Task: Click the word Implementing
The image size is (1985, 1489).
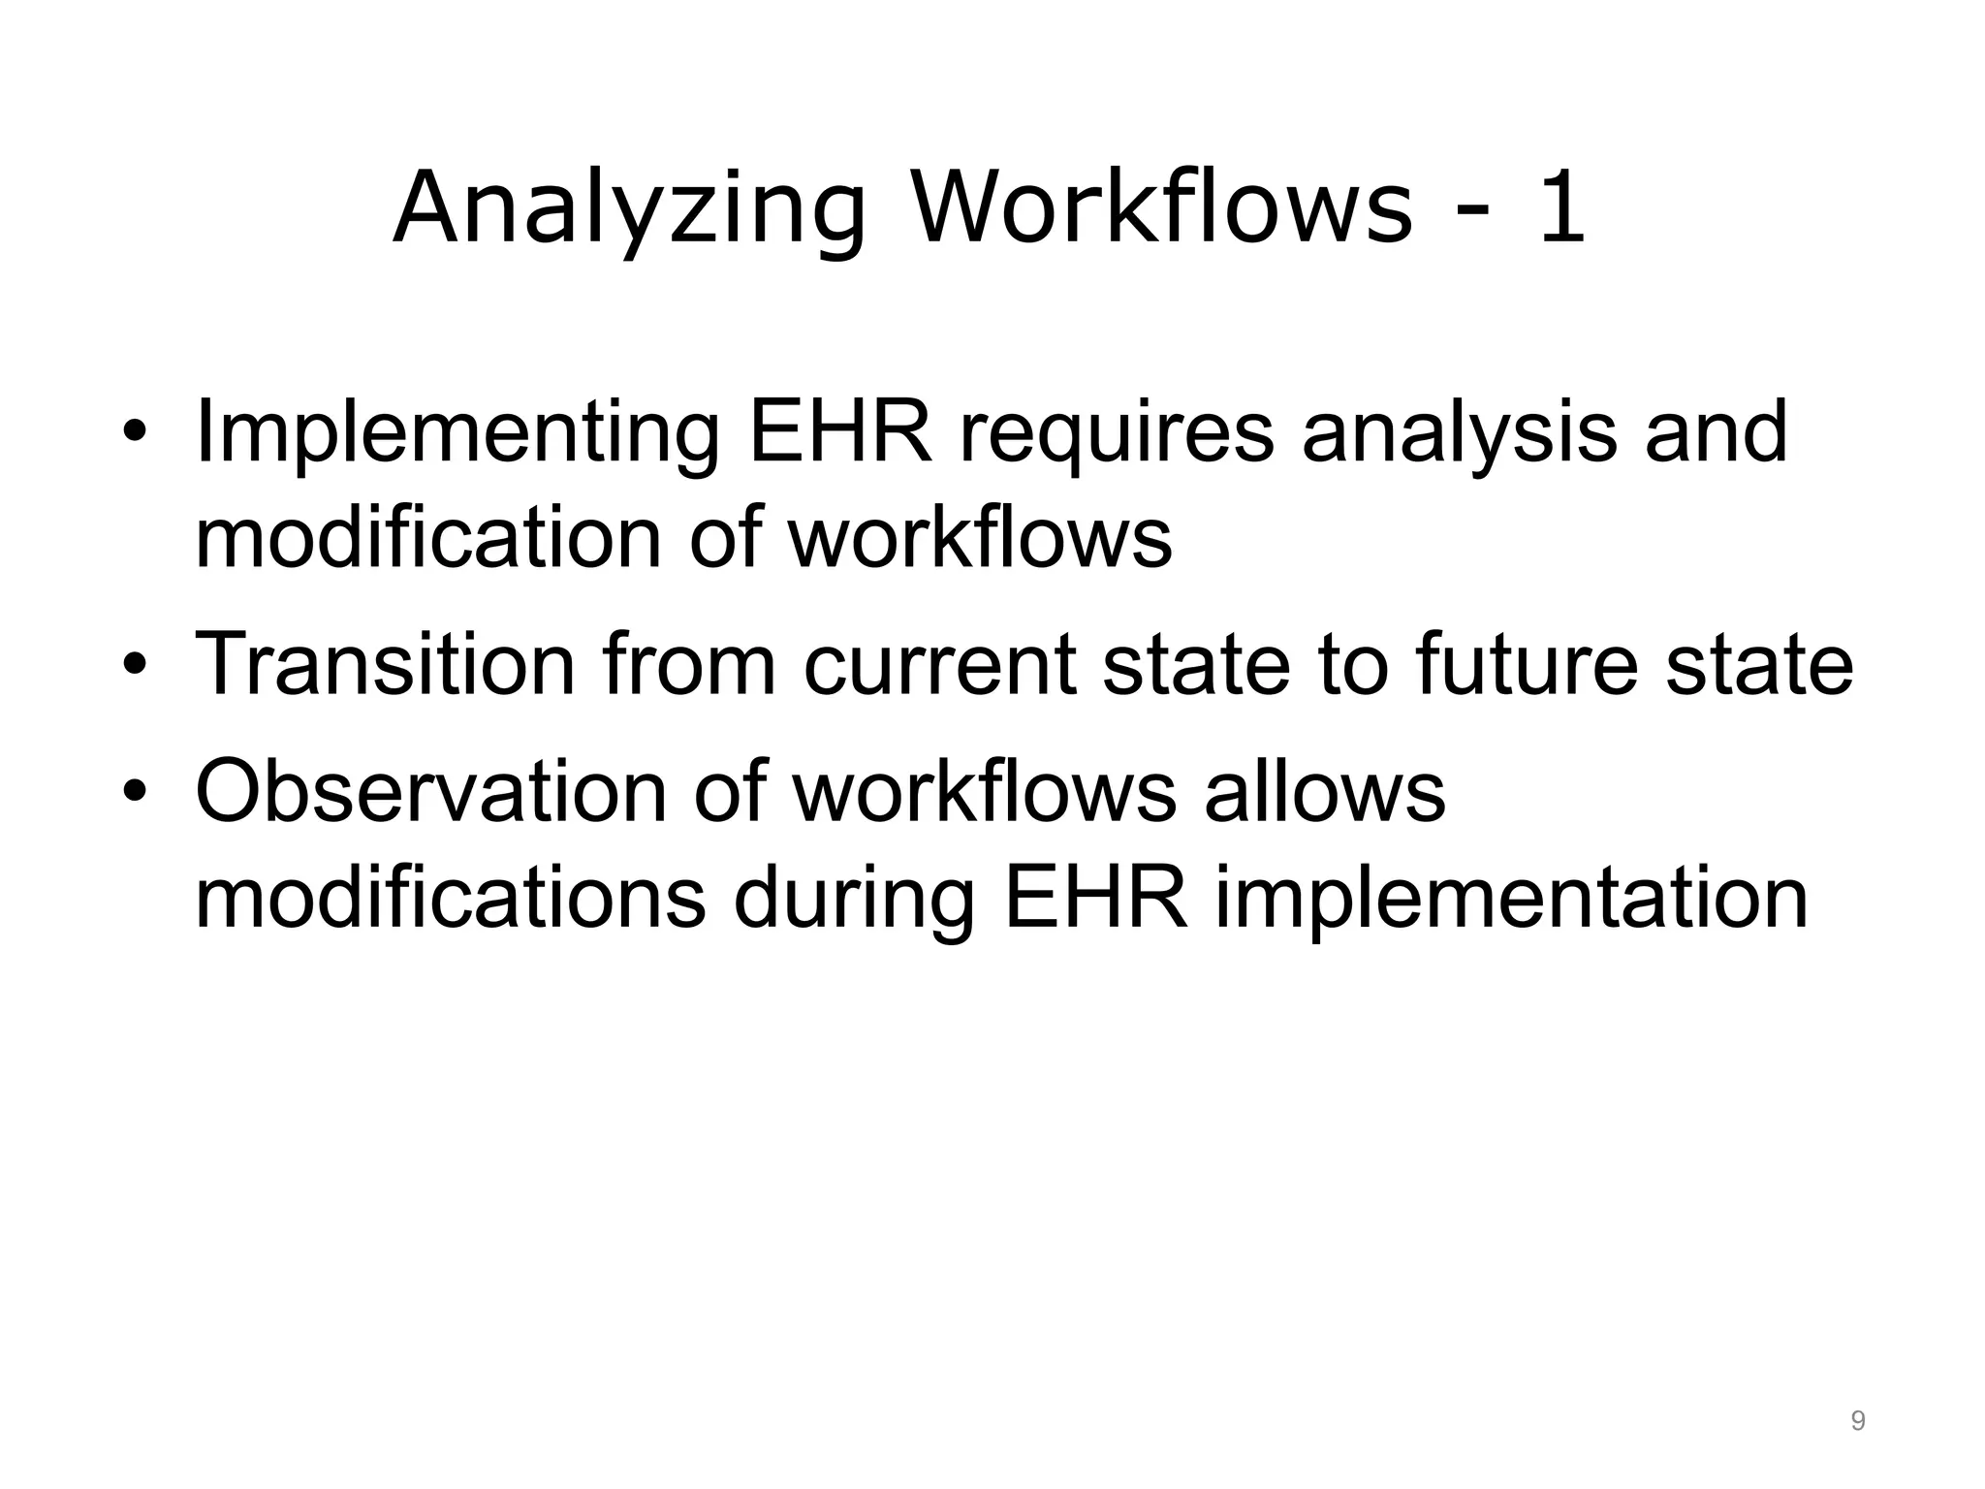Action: pyautogui.click(x=457, y=434)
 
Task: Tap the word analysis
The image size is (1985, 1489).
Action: pyautogui.click(x=1459, y=434)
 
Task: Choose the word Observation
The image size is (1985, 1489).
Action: pyautogui.click(x=431, y=792)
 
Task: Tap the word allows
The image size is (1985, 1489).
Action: pyautogui.click(x=1324, y=792)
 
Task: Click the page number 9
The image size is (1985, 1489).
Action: pyautogui.click(x=1858, y=1421)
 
